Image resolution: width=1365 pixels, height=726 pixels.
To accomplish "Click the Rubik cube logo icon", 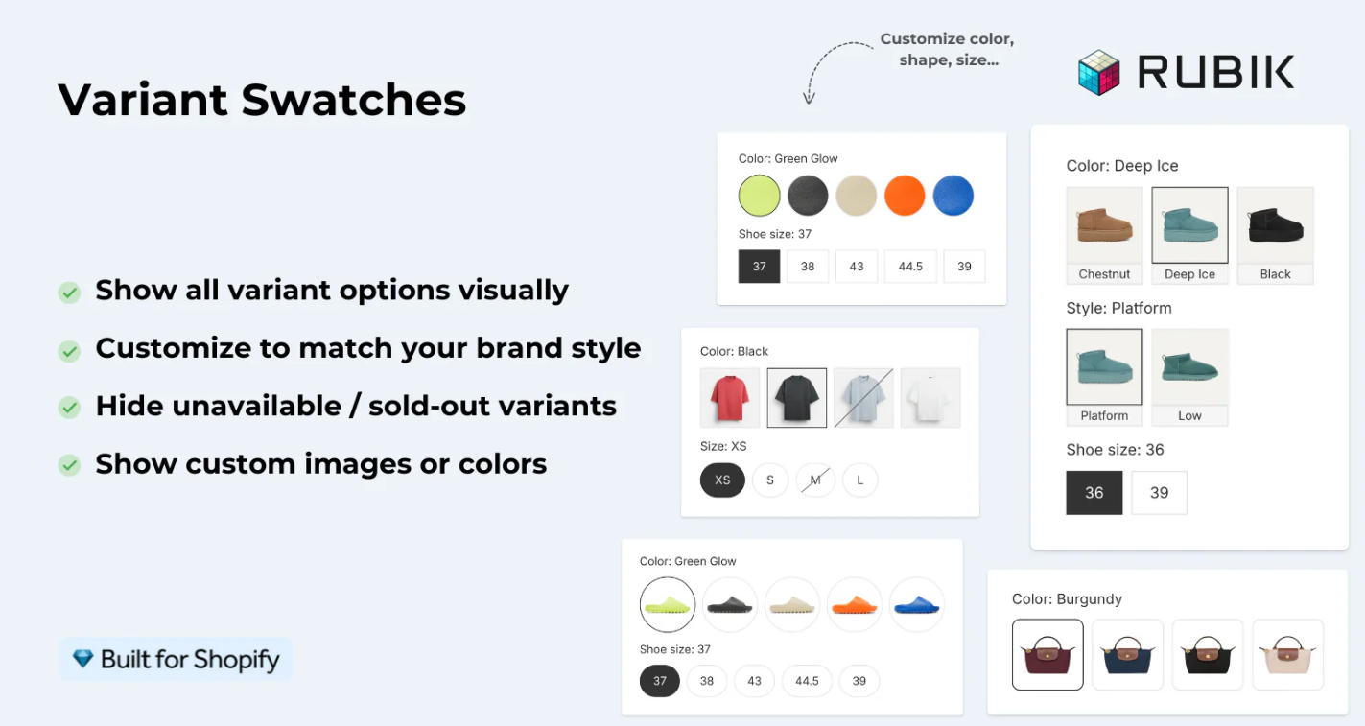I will tap(1098, 73).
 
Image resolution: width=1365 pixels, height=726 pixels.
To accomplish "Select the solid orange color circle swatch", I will tap(904, 196).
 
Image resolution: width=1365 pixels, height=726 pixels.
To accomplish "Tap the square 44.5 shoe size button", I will tap(910, 267).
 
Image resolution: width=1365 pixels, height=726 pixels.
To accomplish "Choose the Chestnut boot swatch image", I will tap(1104, 225).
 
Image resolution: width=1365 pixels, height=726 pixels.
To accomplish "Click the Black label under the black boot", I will tap(1275, 274).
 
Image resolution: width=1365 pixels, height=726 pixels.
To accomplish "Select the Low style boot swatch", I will tap(1189, 367).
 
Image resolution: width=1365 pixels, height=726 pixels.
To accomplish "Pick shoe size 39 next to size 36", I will tap(1159, 492).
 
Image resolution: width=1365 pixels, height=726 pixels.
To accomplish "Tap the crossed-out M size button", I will tap(815, 480).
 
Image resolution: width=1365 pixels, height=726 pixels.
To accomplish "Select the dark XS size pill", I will tap(722, 480).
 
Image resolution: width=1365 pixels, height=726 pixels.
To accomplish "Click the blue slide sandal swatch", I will tap(916, 605).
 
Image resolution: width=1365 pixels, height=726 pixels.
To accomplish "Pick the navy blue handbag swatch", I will tap(1127, 654).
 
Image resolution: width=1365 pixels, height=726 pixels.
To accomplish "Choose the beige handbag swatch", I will tap(1287, 654).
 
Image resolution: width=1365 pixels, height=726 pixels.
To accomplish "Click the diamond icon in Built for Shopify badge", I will tap(83, 659).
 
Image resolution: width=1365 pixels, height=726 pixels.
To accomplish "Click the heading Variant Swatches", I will tap(262, 100).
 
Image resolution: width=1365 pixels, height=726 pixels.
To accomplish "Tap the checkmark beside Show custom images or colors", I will tap(69, 465).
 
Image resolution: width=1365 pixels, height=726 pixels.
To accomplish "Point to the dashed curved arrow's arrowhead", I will tap(809, 98).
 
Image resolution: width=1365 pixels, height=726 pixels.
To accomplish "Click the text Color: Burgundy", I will tap(1067, 599).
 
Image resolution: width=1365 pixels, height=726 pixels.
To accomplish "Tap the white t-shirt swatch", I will tap(930, 398).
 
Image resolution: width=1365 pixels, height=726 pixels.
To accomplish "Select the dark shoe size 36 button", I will tap(1094, 492).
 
